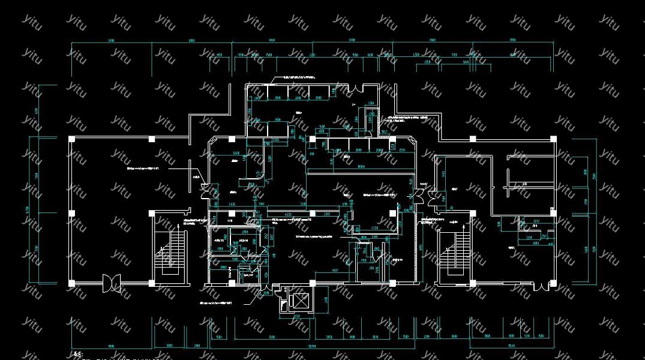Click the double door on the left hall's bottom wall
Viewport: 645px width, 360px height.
[111, 283]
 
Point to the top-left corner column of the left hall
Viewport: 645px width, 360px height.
[72, 139]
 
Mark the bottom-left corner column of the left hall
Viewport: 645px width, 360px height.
[72, 283]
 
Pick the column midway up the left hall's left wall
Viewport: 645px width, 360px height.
[72, 213]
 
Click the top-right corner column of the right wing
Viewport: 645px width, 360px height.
[553, 139]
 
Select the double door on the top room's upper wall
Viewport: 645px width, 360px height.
[358, 88]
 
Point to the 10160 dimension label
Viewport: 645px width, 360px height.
[361, 166]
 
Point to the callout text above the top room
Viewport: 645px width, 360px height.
[300, 77]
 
